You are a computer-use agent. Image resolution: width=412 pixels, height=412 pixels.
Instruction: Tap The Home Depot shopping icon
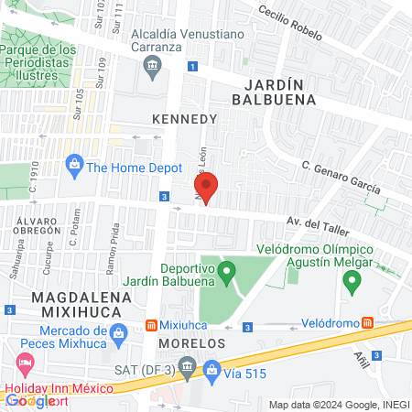click(74, 167)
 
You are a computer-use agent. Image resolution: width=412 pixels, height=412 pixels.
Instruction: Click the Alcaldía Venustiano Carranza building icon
click(152, 64)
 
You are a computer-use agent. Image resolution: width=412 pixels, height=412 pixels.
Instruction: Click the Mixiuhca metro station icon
click(152, 326)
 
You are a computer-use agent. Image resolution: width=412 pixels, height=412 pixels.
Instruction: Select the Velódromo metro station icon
click(367, 323)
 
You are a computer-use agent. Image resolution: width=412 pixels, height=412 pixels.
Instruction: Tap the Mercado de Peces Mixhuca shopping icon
click(116, 338)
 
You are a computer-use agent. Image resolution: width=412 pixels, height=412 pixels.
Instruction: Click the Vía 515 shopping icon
click(212, 370)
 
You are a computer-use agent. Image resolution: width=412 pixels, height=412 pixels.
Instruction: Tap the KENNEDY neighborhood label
click(184, 119)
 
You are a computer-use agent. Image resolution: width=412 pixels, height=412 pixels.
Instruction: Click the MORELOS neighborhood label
click(191, 342)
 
